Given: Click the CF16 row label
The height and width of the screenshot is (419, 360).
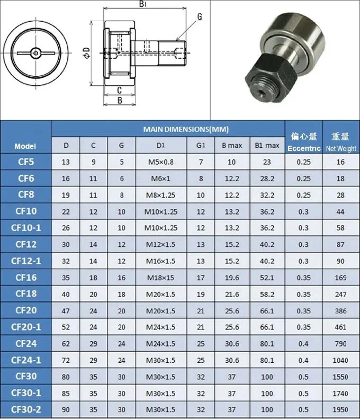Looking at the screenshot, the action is tap(26, 278).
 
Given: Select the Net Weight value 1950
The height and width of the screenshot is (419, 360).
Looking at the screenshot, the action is tap(340, 409).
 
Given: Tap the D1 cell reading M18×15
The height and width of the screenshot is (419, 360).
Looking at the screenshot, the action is tap(161, 278).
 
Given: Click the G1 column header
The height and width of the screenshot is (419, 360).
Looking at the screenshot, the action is tap(201, 145).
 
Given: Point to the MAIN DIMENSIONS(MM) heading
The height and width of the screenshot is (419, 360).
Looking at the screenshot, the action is tap(186, 129).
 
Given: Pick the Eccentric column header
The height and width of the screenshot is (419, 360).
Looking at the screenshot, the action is tap(304, 148).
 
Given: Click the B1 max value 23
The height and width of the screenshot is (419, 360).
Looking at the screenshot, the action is tap(267, 162).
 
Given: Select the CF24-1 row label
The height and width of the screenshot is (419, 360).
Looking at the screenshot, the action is tap(26, 360).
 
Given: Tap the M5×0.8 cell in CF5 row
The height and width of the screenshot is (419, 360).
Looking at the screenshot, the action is tap(161, 162).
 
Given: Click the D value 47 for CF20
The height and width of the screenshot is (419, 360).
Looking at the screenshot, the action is tap(66, 311).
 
